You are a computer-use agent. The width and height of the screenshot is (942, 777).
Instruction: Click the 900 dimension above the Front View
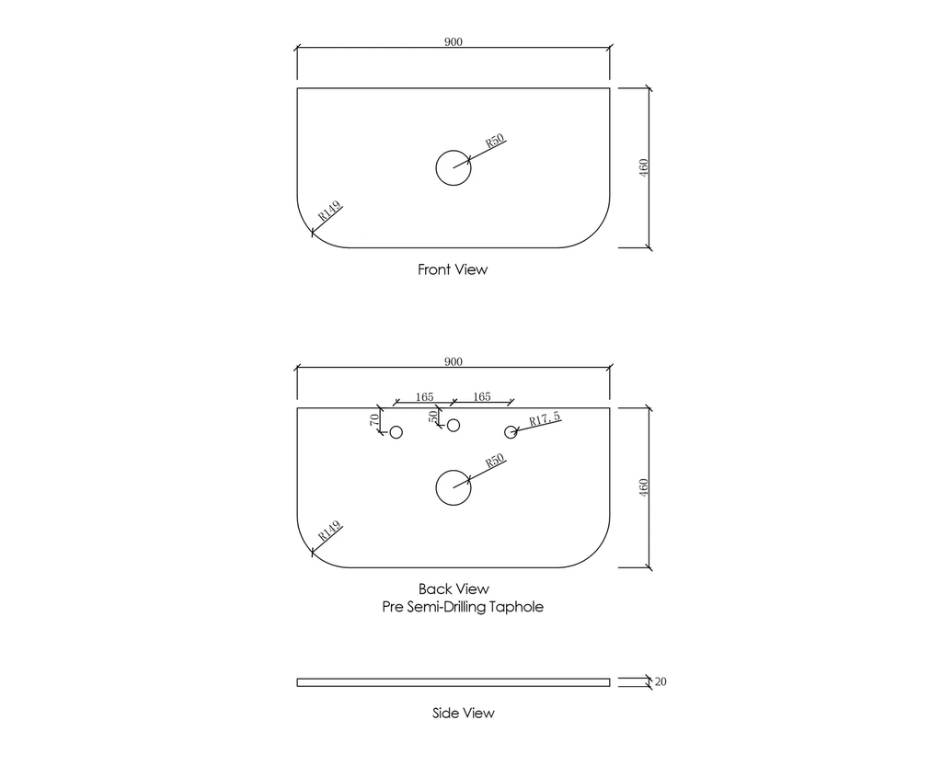453,41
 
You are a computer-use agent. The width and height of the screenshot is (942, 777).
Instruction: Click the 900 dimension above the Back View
453,361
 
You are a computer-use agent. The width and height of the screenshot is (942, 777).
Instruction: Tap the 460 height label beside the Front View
643,167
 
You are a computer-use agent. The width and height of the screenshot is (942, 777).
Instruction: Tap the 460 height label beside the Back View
643,487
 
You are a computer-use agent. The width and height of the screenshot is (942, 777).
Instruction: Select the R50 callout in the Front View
494,141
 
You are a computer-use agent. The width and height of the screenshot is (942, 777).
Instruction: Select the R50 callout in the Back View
494,462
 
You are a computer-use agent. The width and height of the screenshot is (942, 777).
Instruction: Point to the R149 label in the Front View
329,211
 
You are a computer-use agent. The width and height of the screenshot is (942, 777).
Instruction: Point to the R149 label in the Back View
329,531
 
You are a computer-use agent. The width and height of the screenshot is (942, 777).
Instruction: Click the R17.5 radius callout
545,418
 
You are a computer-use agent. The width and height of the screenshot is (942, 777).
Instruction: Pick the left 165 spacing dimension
424,397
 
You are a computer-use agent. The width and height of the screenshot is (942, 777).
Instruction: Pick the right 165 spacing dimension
482,397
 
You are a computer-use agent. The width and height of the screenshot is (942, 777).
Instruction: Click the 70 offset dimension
374,419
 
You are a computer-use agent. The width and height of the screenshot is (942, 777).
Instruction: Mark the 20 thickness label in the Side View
661,681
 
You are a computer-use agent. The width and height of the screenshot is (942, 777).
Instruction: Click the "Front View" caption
453,269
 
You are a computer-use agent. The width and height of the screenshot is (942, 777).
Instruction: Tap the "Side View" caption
464,713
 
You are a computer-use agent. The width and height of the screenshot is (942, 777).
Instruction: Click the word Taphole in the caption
516,607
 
